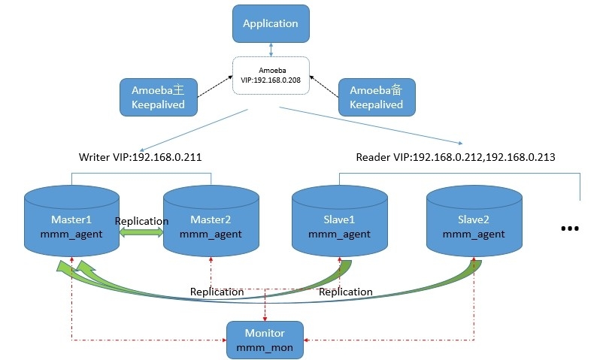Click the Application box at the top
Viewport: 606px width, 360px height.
[x=271, y=24]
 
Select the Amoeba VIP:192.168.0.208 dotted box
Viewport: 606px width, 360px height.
[x=271, y=75]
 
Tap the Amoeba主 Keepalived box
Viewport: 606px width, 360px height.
[x=159, y=98]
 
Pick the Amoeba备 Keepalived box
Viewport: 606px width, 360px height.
[x=376, y=98]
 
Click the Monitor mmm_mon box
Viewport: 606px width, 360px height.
[x=265, y=339]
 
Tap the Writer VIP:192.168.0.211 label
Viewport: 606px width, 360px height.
[x=141, y=158]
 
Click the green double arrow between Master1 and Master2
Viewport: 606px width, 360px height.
[x=141, y=234]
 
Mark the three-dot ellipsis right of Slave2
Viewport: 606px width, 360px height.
[x=570, y=228]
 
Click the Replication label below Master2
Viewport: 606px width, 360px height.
[x=217, y=292]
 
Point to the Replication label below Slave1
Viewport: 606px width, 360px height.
[x=345, y=292]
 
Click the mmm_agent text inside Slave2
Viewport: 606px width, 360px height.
[x=474, y=234]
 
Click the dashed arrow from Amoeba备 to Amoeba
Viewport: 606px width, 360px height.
[x=325, y=84]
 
